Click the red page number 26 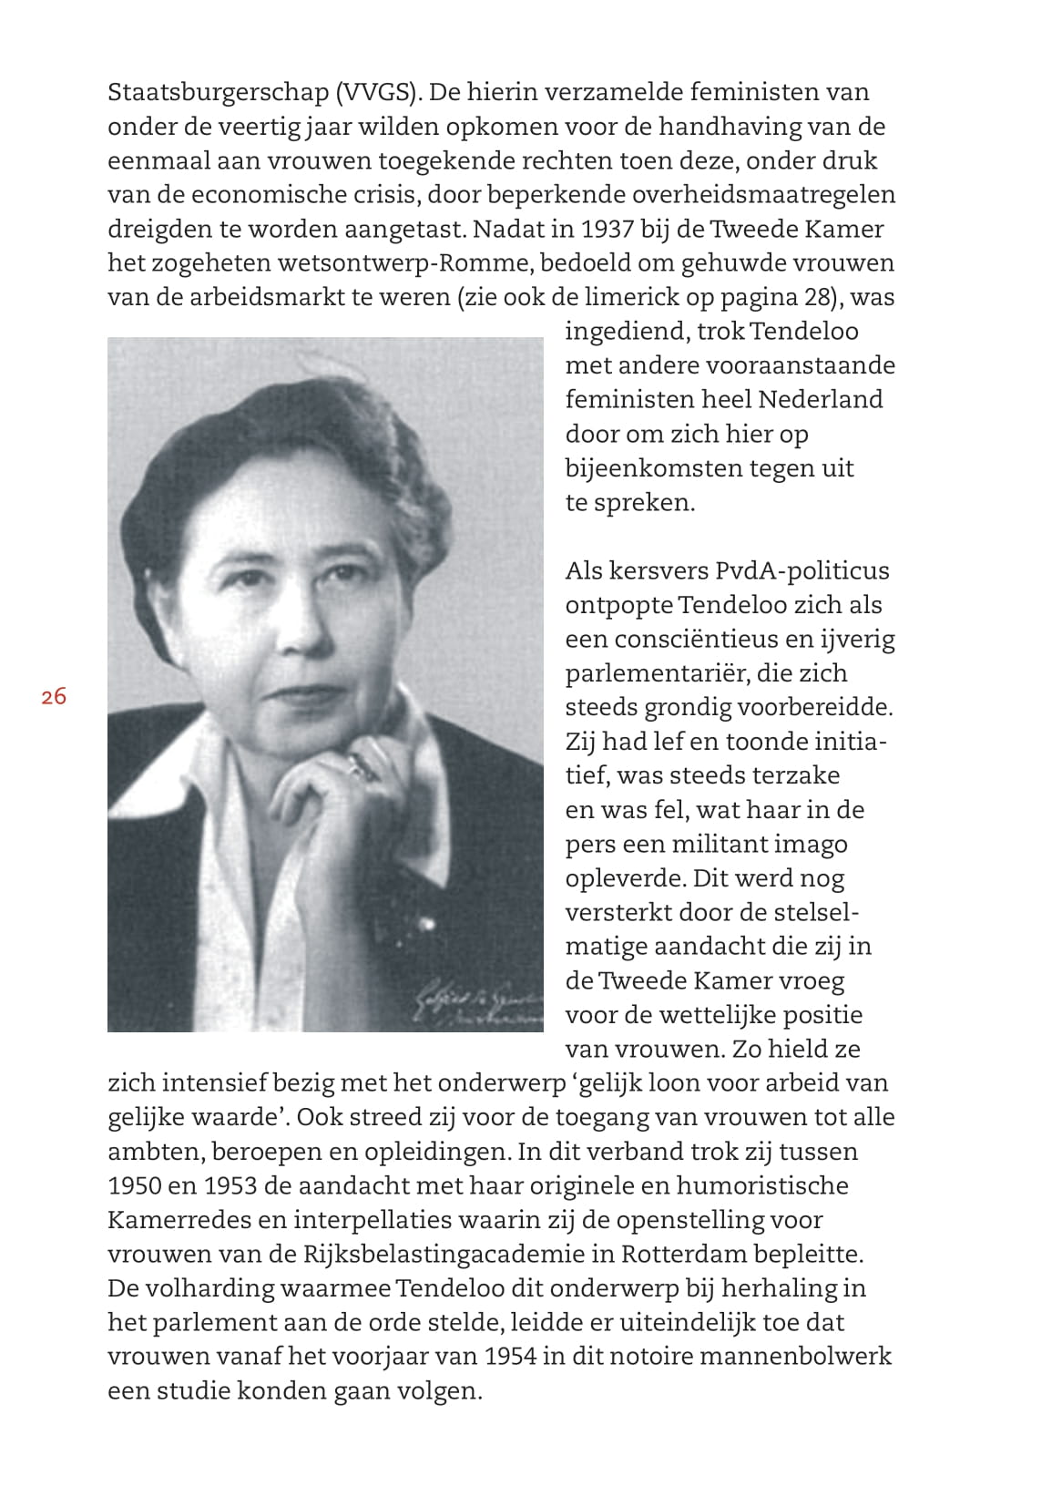[x=54, y=697]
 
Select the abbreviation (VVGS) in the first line [x=377, y=93]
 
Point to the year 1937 [x=607, y=230]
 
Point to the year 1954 [x=510, y=1357]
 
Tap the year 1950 [x=137, y=1186]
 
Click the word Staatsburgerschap [x=218, y=93]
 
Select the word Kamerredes [x=180, y=1221]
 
